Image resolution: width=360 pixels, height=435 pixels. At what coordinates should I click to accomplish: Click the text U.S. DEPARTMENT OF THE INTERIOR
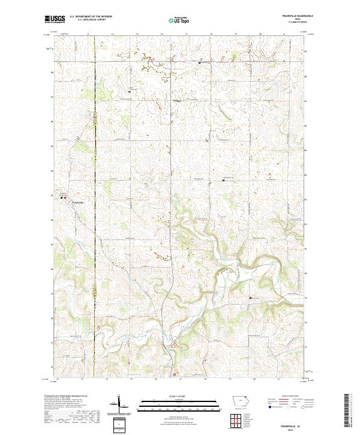[x=91, y=17]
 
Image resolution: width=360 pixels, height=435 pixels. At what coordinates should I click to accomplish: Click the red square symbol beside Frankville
[x=66, y=199]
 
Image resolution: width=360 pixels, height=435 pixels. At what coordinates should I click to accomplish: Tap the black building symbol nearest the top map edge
[x=200, y=61]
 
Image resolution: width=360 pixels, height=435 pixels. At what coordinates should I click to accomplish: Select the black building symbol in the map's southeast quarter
[x=251, y=298]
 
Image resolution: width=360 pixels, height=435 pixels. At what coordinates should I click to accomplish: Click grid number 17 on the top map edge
[x=187, y=35]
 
